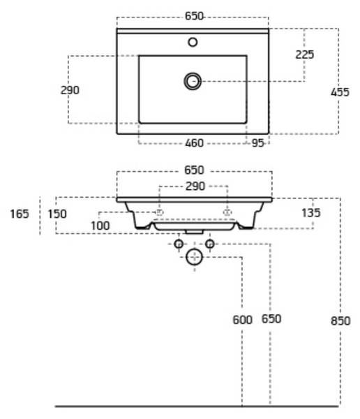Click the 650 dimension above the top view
(194, 16)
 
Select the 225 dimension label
(305, 54)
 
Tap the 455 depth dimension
(340, 92)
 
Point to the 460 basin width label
(194, 143)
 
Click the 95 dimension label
(257, 143)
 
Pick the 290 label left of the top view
(70, 90)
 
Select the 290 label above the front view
(195, 186)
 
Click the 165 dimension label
(20, 214)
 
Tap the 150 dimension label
(57, 214)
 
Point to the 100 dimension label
(100, 226)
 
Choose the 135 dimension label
(311, 213)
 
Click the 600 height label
(243, 320)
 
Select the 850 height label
(340, 321)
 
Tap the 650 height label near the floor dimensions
(271, 319)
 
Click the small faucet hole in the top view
(193, 42)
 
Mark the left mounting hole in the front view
(160, 213)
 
